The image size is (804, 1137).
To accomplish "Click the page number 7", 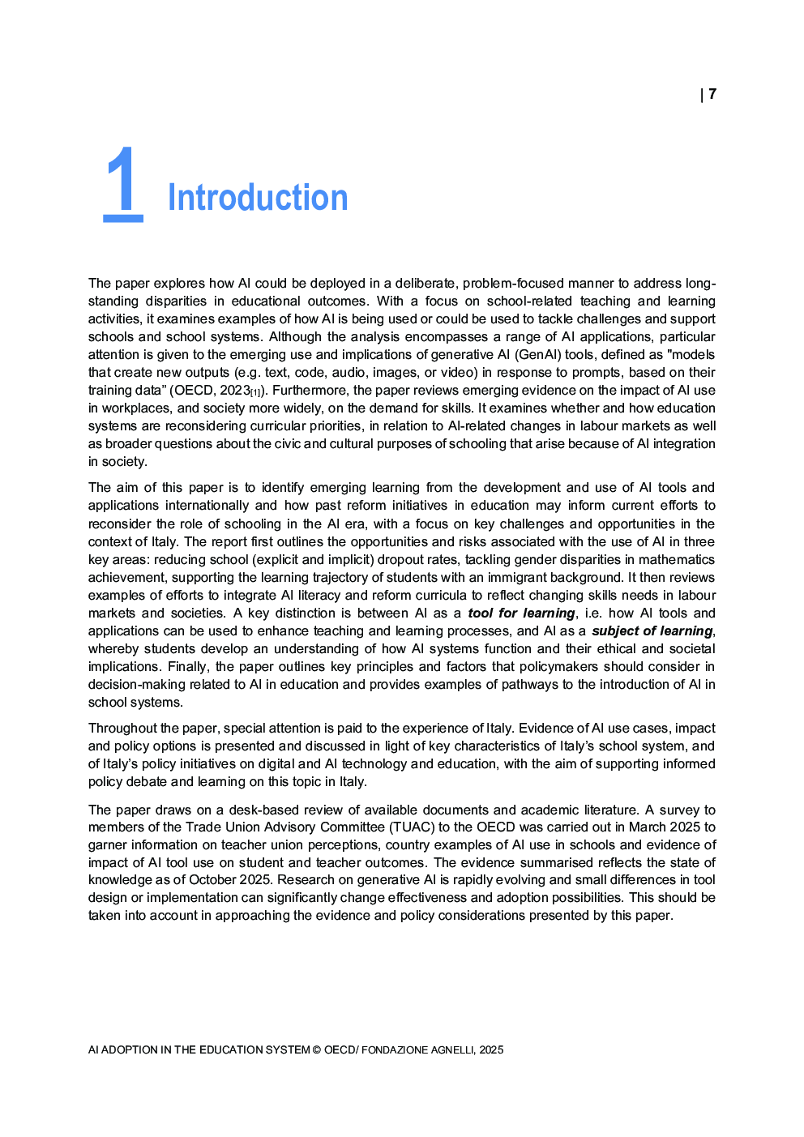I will (712, 94).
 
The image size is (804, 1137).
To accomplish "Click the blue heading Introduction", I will (258, 198).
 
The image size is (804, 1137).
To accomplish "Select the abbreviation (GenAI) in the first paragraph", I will (538, 354).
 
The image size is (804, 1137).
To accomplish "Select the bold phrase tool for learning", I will (521, 613).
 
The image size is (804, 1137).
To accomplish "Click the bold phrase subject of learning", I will (652, 630).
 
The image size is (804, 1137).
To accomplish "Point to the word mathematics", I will (676, 559).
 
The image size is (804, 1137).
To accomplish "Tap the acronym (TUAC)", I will (411, 827).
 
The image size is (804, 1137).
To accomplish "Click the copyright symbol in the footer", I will (317, 1049).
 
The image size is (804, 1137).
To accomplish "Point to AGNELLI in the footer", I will (452, 1049).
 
